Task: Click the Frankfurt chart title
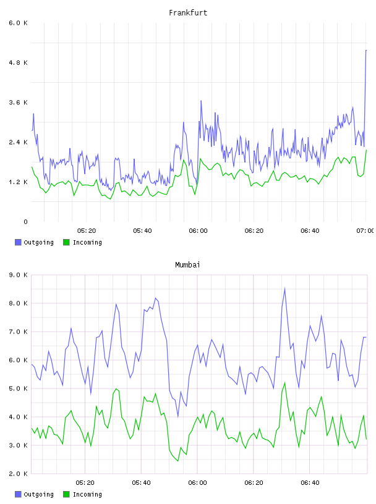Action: [x=188, y=12]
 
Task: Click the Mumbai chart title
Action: [x=187, y=264]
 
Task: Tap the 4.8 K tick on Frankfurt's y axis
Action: [x=19, y=62]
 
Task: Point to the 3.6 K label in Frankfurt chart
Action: [x=19, y=102]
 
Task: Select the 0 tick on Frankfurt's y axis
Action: [x=25, y=222]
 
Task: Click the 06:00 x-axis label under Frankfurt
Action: [x=198, y=230]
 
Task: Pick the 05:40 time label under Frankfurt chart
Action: [x=142, y=230]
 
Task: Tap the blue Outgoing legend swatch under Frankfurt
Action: [x=18, y=242]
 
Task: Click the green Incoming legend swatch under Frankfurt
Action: [x=66, y=242]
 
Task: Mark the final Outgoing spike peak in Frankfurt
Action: [x=366, y=51]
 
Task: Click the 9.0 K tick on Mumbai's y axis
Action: [x=19, y=275]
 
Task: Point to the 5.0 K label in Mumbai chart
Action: [x=19, y=388]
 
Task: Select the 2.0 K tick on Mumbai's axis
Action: [x=19, y=474]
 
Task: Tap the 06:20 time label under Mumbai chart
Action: [x=254, y=482]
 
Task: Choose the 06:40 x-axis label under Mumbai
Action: [x=310, y=482]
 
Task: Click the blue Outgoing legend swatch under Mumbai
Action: [x=18, y=494]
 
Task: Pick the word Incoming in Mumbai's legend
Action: [x=87, y=494]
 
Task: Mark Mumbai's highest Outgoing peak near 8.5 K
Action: [x=284, y=288]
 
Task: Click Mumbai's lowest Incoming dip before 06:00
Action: [x=177, y=461]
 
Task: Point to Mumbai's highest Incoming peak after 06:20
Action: [x=284, y=383]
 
